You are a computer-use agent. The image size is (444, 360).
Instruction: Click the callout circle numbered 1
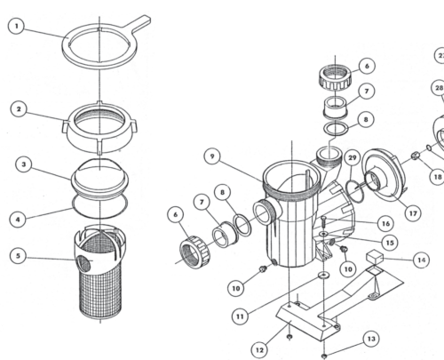click(17, 26)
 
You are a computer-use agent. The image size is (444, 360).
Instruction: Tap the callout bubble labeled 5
click(18, 256)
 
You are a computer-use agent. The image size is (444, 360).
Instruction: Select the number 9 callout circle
click(212, 156)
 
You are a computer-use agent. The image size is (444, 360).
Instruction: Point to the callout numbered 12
click(259, 350)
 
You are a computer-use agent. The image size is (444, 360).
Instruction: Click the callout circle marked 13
click(371, 339)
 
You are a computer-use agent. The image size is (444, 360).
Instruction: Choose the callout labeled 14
click(421, 260)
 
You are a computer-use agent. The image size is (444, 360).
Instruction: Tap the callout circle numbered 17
click(413, 213)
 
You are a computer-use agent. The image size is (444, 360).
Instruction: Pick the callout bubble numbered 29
click(353, 157)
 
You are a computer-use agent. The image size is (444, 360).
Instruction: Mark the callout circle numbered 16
click(386, 223)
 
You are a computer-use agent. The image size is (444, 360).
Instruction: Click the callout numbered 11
click(240, 316)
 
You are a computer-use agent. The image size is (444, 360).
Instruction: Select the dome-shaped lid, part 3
click(100, 178)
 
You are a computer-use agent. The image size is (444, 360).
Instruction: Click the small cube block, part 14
click(375, 257)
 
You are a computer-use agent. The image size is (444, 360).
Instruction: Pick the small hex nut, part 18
click(415, 156)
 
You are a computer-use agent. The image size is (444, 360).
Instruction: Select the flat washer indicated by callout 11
click(323, 276)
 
